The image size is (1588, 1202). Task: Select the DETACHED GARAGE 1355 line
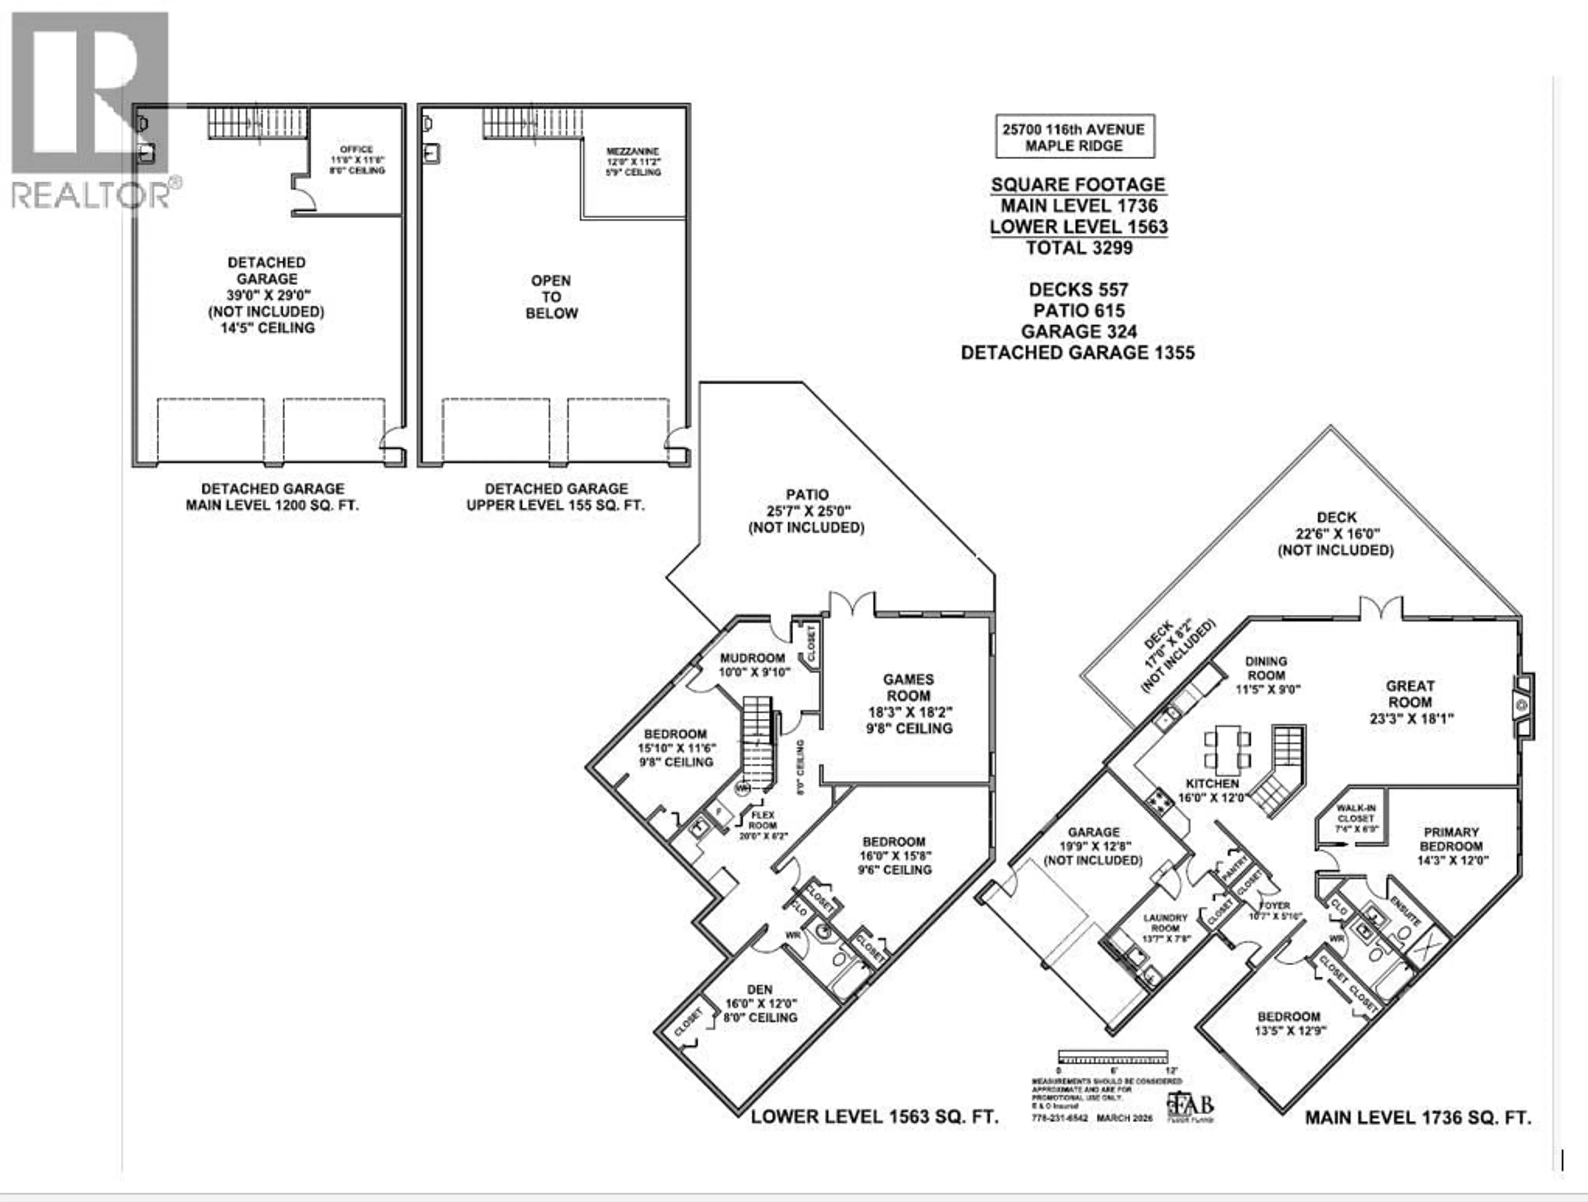click(1078, 353)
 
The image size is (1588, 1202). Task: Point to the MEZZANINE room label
click(632, 162)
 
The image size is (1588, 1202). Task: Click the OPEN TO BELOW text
click(551, 296)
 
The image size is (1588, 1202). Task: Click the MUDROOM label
click(753, 665)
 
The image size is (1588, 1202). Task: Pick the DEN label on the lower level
click(760, 1003)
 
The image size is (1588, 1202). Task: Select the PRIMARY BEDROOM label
click(1451, 845)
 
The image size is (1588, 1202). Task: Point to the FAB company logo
click(1190, 1106)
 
